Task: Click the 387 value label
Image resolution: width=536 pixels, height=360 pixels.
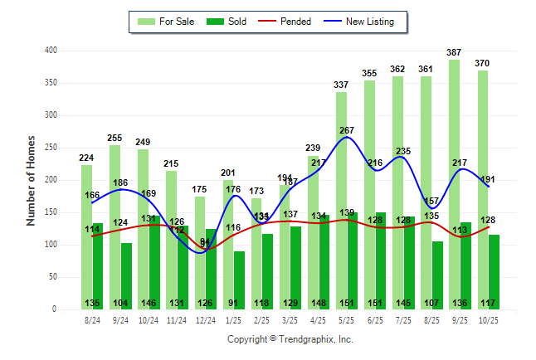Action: pyautogui.click(x=454, y=52)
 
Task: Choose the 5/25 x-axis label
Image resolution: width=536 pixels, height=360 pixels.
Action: pyautogui.click(x=346, y=319)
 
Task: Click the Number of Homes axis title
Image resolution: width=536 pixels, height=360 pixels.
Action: pyautogui.click(x=31, y=180)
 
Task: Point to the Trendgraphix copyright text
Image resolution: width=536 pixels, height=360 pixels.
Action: pyautogui.click(x=290, y=339)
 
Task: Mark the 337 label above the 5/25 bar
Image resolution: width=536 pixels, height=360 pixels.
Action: pyautogui.click(x=341, y=85)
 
